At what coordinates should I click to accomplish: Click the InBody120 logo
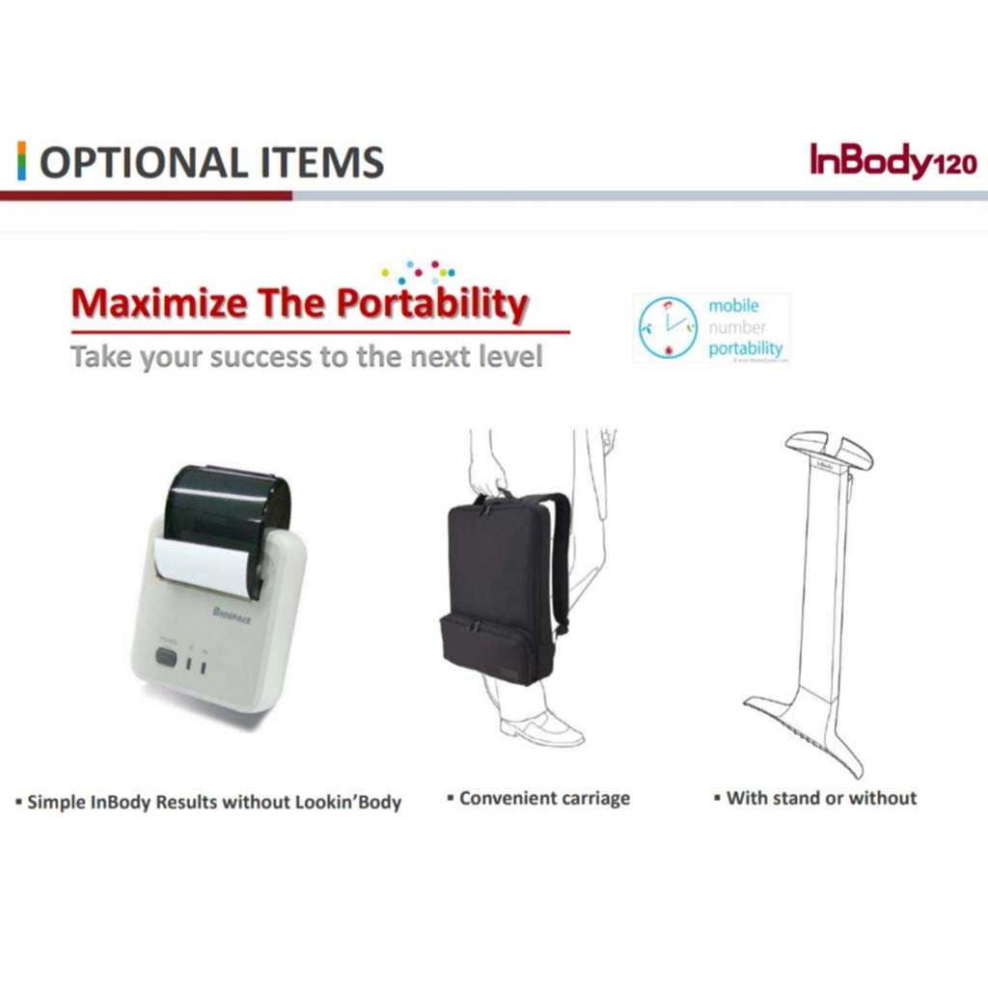coord(892,161)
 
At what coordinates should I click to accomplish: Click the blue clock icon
coord(670,329)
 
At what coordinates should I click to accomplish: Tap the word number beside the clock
coord(737,327)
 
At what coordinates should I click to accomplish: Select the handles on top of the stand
coord(828,450)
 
